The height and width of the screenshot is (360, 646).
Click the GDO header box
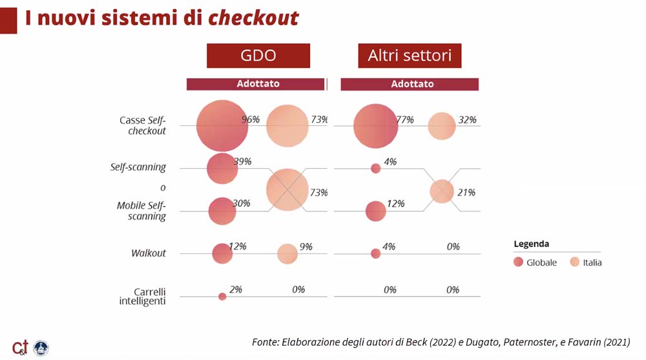[258, 56]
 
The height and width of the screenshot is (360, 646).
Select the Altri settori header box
[410, 56]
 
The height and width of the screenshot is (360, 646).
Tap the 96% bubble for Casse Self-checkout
[222, 126]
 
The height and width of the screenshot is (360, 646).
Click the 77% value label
[405, 120]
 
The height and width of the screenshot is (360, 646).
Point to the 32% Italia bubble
[442, 126]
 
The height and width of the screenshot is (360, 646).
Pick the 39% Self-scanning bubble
[222, 168]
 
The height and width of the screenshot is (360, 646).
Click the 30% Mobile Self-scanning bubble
[222, 211]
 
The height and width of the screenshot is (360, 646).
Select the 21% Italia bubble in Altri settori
[442, 191]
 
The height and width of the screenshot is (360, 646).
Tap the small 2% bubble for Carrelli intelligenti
[222, 297]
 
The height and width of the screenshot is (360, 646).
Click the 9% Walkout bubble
[287, 253]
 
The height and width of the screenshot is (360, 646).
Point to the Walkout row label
[149, 253]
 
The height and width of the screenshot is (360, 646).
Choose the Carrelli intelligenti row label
[143, 297]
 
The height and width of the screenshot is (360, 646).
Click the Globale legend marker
[518, 262]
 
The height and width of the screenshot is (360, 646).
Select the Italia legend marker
[575, 262]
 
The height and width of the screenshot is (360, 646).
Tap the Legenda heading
[531, 244]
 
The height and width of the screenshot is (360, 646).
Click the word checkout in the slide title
[253, 18]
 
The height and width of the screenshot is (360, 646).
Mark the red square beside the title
[8, 21]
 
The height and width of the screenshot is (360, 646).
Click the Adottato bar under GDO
[255, 84]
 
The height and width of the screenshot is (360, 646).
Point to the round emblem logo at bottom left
[41, 348]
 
